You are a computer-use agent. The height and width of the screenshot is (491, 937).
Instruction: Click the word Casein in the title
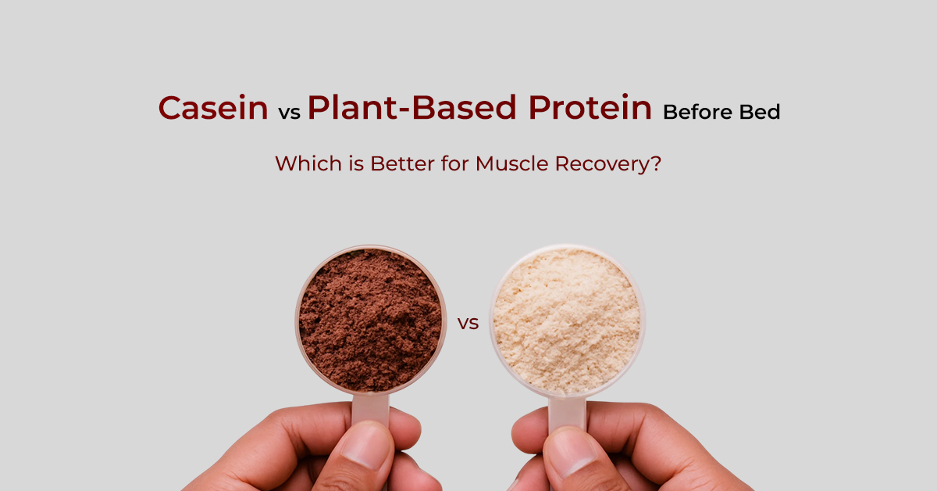tap(213, 108)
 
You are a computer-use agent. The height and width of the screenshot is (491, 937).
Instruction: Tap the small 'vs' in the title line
tap(290, 113)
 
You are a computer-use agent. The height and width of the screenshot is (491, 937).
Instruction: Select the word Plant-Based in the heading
tap(412, 107)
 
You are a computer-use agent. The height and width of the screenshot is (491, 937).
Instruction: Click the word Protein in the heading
tap(590, 107)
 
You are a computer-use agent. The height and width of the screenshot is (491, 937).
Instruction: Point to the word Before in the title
tap(697, 113)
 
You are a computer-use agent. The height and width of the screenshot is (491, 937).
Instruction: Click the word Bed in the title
tap(760, 113)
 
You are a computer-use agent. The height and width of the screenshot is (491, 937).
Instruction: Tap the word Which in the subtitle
tap(308, 163)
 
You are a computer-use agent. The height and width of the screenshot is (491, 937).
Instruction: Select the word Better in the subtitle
tap(402, 163)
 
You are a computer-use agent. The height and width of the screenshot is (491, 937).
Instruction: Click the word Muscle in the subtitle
tap(511, 163)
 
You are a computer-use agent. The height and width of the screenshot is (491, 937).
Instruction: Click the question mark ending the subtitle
tap(656, 163)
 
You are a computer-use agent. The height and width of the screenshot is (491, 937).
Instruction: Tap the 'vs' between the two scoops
tap(468, 324)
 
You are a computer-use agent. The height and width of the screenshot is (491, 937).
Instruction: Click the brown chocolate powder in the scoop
tap(371, 320)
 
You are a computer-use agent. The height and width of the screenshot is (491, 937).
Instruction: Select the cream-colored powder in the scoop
tap(567, 321)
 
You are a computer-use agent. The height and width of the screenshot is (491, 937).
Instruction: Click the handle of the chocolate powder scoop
tap(370, 410)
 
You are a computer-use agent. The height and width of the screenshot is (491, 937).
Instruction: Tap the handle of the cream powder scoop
tap(567, 414)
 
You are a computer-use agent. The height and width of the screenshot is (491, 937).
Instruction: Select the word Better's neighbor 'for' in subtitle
tap(455, 163)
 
